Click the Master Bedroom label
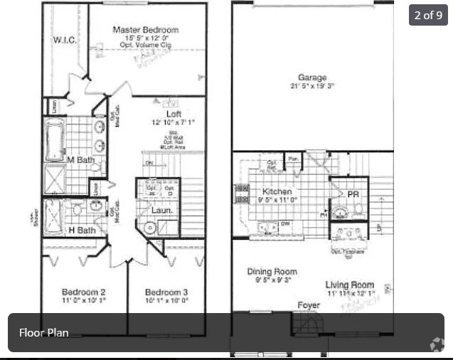pos(145,30)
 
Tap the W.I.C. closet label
pos(65,41)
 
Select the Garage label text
pos(312,78)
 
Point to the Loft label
pos(174,113)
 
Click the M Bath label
pos(80,160)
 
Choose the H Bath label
pos(82,230)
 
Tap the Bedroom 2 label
pos(83,292)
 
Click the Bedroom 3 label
pos(166,292)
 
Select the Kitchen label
pos(277,192)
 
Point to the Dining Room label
pos(272,271)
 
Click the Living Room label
pos(350,285)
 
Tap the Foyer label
pos(309,305)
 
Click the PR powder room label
pos(353,194)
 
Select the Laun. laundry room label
pos(161,211)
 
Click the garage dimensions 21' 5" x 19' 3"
pos(312,86)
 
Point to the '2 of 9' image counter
pos(427,15)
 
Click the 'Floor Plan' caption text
pos(44,332)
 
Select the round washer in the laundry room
pos(150,228)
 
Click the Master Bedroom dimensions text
pos(145,38)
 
